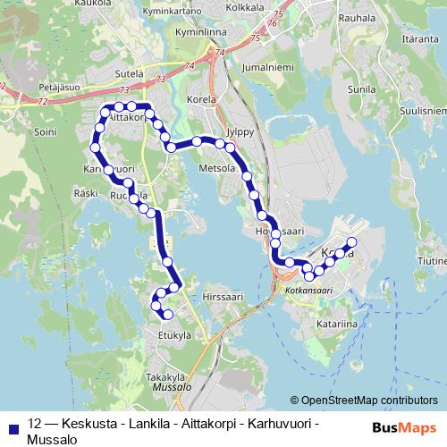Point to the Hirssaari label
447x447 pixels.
[223, 297]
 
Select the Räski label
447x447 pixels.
[87, 192]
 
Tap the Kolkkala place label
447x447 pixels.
[246, 6]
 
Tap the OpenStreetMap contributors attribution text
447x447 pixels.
[369, 400]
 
